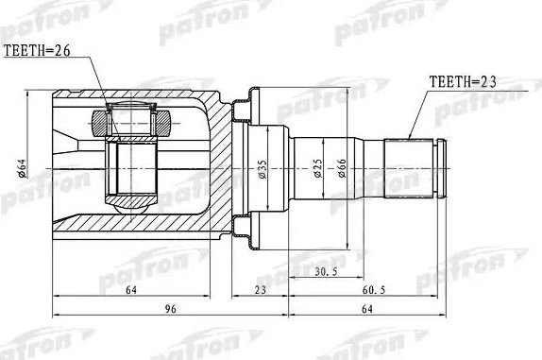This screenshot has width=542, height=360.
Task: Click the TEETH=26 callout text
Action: point(37,51)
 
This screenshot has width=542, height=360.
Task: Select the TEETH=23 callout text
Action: point(463,82)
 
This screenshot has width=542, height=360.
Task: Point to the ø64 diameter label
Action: point(22,168)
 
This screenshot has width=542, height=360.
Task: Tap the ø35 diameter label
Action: point(263,169)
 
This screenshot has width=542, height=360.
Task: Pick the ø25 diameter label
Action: point(317,168)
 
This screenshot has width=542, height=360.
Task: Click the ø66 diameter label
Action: point(341,168)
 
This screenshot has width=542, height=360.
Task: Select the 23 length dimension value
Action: point(260,290)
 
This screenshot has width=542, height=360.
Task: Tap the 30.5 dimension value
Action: point(326,271)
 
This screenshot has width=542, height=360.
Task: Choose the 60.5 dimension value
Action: point(373,290)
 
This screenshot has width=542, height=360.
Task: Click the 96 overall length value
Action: point(170,309)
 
